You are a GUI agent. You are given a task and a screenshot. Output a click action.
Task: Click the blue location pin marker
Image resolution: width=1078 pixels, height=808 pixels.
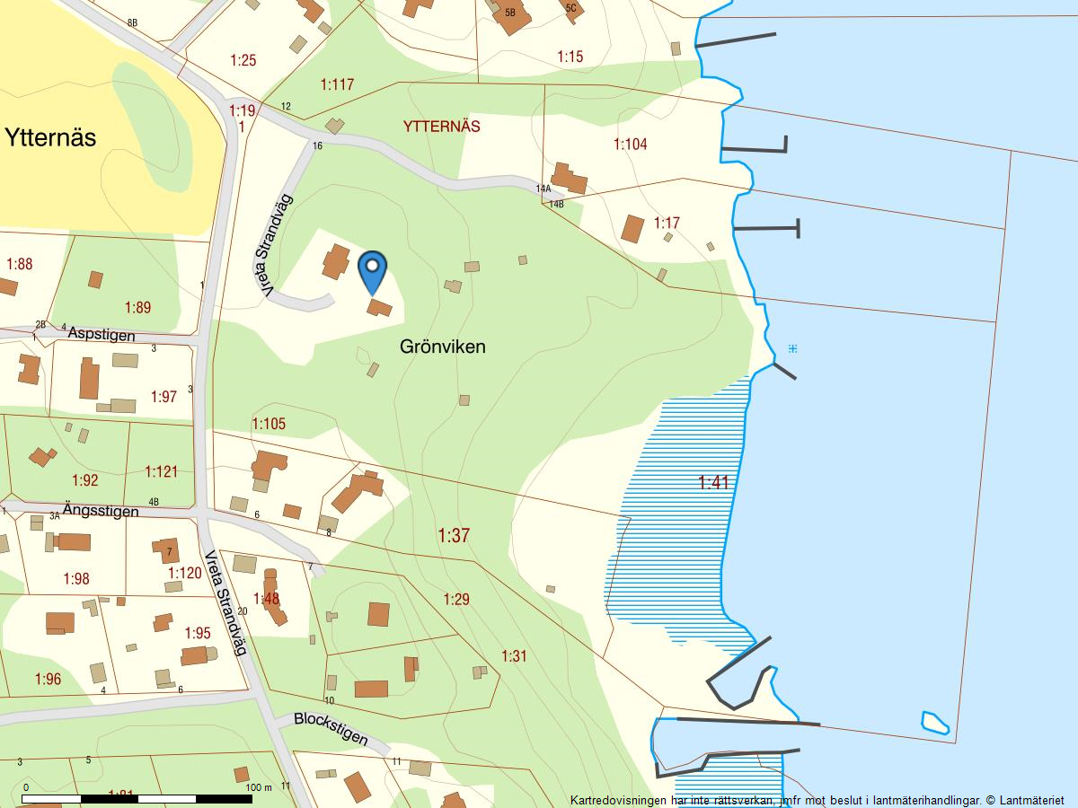(x=372, y=269)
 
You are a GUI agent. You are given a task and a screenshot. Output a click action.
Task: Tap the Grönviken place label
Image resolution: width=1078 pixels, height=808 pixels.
(x=442, y=347)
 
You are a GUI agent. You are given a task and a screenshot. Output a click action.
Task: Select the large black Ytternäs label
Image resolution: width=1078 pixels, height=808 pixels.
(x=50, y=138)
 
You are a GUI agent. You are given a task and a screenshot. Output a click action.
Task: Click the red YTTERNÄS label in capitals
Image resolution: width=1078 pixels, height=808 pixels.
(x=442, y=127)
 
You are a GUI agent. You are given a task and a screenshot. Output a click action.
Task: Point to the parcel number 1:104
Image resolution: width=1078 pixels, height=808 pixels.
(x=630, y=144)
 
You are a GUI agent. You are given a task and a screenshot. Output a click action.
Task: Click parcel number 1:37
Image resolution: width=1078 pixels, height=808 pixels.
(x=454, y=536)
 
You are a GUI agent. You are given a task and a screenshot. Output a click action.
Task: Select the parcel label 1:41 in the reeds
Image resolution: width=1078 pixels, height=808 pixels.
(x=713, y=483)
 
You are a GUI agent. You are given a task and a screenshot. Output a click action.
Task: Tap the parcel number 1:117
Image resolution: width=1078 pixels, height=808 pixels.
(x=337, y=84)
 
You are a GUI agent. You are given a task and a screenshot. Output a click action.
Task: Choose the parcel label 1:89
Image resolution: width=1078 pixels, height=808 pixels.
(x=137, y=307)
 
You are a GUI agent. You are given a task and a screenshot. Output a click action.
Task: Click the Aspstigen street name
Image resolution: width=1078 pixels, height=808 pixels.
(x=101, y=335)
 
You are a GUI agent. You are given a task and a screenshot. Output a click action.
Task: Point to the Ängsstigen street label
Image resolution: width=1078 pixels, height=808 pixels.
(x=101, y=511)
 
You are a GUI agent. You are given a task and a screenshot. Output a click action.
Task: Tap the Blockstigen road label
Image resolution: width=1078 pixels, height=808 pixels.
(x=331, y=729)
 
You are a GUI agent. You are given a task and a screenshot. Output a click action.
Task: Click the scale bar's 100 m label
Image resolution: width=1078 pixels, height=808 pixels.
(x=258, y=787)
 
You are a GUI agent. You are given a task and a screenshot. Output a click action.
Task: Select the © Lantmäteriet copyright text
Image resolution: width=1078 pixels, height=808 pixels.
(x=1025, y=799)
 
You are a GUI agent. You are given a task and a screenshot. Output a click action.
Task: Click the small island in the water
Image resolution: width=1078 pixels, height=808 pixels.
(x=935, y=722)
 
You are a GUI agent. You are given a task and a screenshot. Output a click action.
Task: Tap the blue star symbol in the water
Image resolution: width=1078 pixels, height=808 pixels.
(x=791, y=348)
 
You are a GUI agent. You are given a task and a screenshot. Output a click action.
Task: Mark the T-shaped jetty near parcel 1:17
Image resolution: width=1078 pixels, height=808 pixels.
(x=766, y=229)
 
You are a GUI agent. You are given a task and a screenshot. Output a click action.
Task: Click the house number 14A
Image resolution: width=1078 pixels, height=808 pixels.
(x=543, y=189)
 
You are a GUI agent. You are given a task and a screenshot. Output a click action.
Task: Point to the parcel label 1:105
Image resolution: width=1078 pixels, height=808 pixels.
(x=269, y=424)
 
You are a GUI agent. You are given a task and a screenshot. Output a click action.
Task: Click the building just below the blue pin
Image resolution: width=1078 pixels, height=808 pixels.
(x=379, y=308)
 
